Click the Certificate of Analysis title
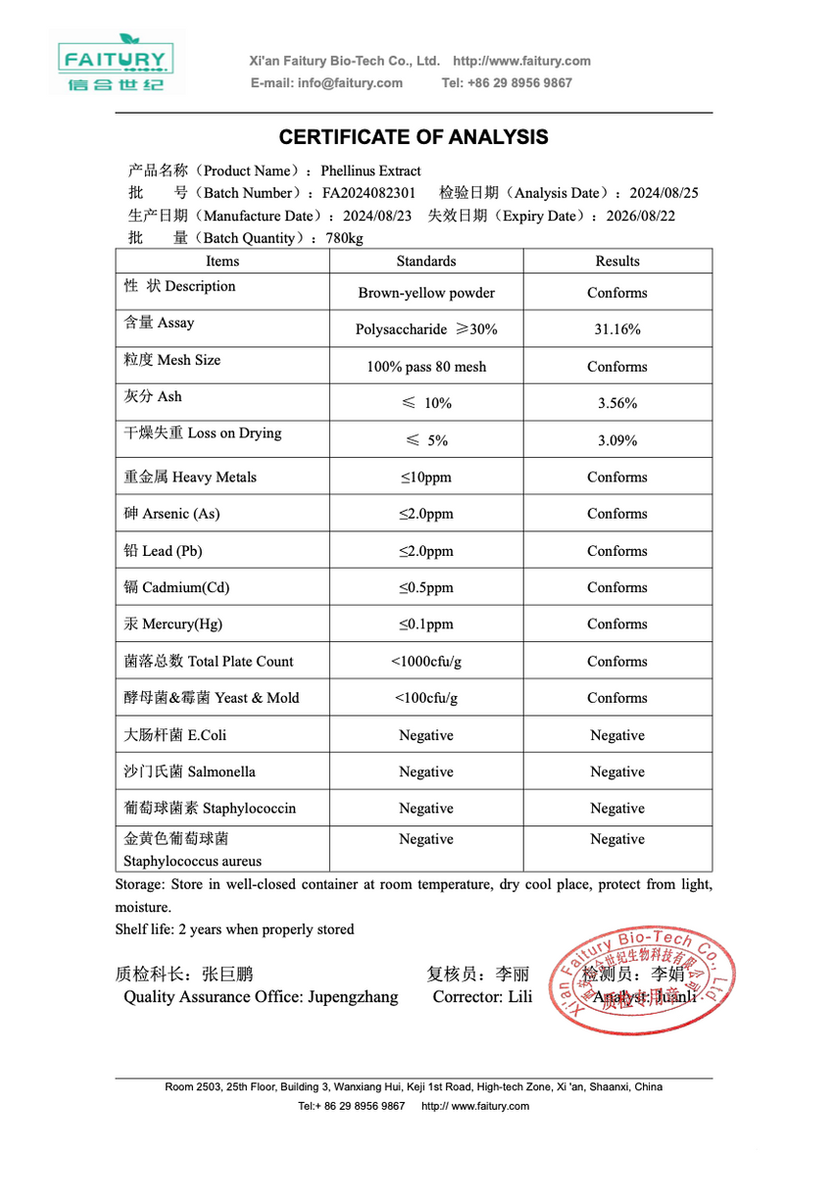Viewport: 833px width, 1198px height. [x=414, y=137]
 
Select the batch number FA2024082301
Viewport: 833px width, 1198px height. [x=368, y=193]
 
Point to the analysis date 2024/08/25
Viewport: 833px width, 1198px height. [x=664, y=193]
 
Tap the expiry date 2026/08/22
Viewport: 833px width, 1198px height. [x=641, y=216]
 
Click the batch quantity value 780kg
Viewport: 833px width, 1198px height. [x=344, y=238]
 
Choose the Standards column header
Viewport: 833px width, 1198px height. [x=426, y=262]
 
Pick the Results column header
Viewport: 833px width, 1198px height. [x=617, y=262]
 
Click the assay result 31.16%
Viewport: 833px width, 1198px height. [x=617, y=329]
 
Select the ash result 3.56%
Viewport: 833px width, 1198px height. [x=617, y=403]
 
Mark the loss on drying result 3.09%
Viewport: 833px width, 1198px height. [x=617, y=440]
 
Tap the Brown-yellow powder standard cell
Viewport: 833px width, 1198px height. [x=426, y=293]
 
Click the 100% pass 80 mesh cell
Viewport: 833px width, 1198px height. [x=426, y=367]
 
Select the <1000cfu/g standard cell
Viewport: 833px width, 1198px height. [x=426, y=662]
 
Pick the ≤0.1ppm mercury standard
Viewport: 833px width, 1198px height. [x=426, y=624]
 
